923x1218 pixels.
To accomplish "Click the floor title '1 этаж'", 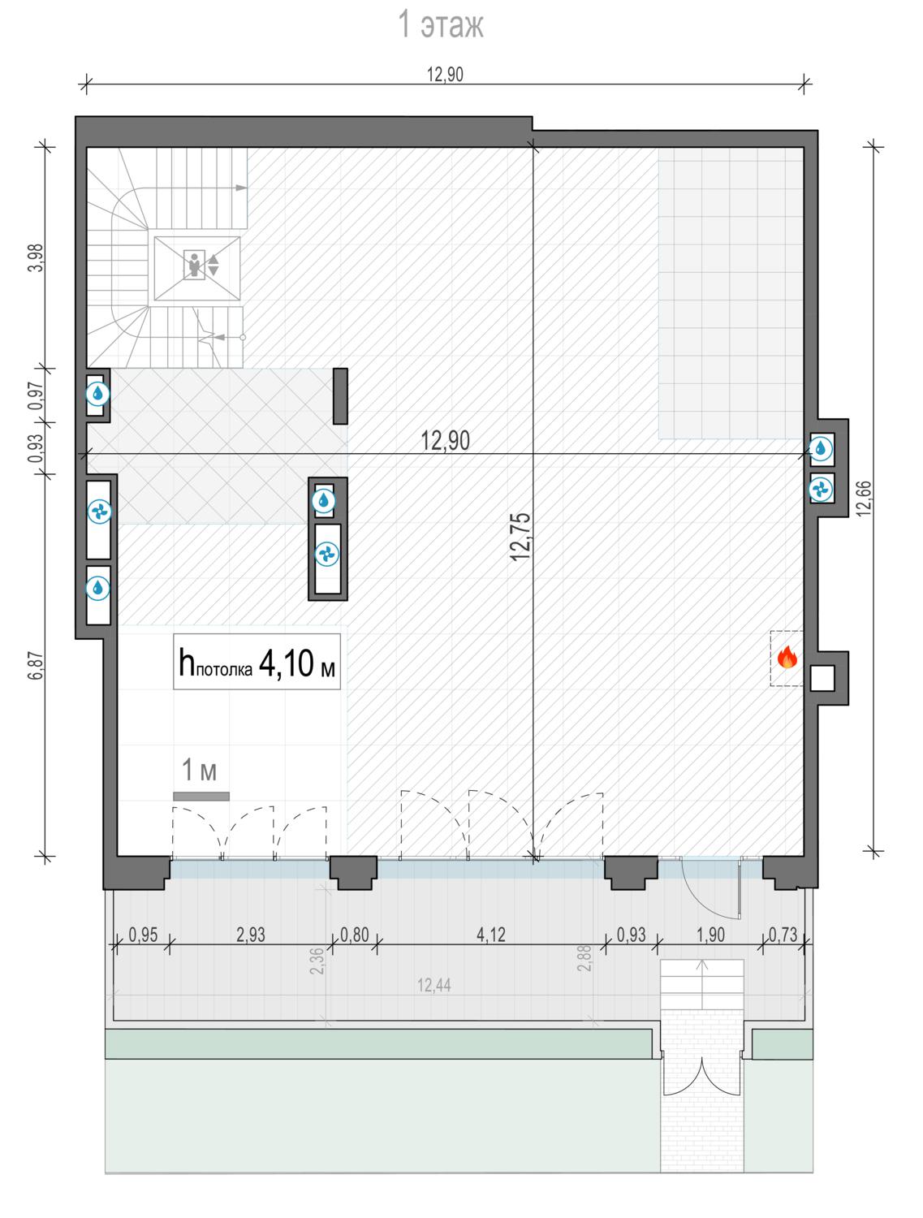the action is [441, 24].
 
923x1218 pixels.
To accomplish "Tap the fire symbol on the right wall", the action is [787, 657].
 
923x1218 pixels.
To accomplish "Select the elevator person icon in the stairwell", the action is [193, 264].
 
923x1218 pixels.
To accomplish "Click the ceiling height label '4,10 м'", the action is [297, 663].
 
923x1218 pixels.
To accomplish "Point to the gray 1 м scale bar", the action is [201, 797].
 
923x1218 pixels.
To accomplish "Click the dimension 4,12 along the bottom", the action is [491, 935].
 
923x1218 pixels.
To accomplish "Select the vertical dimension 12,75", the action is [520, 537].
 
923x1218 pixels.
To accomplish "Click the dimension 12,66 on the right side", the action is [865, 498].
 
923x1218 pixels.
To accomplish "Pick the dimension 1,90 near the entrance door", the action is [710, 935].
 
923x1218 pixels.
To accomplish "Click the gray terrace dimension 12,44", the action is [433, 986].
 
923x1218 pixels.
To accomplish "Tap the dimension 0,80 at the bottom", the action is [355, 935].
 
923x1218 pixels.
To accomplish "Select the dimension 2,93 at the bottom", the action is [251, 935].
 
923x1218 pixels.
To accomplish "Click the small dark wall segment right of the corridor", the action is [340, 396].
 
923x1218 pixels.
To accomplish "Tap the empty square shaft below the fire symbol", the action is [822, 678].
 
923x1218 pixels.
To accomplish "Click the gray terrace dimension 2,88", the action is [584, 958].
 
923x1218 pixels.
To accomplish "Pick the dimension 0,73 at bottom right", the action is [783, 935].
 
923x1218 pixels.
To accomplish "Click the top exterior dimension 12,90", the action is [445, 74].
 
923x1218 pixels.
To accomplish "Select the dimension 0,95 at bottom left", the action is [143, 935].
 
